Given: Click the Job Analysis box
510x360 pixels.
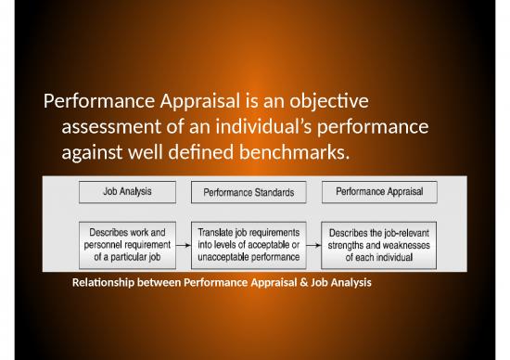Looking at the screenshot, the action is coord(128,192).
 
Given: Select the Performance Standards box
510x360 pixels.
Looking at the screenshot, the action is coord(249,192).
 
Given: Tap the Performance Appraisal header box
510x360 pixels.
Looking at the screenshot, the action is coord(379,192).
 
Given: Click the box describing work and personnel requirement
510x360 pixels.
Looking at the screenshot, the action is coord(128,245).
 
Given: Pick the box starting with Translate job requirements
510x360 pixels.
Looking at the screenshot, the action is coord(249,245).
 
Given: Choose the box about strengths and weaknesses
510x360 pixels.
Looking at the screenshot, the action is coord(379,246).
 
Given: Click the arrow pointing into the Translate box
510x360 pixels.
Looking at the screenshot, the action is coord(184,245).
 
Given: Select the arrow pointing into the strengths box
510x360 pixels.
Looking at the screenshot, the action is coord(313,245).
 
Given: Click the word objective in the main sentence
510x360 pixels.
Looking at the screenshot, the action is coord(329,101).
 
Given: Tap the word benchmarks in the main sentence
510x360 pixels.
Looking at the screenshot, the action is coord(294,151).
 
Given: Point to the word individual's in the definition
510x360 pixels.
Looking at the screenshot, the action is coord(263,126).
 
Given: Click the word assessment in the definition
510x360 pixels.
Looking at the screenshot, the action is coord(111,127).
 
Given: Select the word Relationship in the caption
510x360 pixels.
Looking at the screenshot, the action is coord(103,283).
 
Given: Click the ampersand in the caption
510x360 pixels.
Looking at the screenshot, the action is coord(304,282).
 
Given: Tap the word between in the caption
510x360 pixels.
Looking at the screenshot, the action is coord(159,282).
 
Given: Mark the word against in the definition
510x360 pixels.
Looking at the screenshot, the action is coord(92,153).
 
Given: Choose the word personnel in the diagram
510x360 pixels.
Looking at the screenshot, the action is coord(103,245).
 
